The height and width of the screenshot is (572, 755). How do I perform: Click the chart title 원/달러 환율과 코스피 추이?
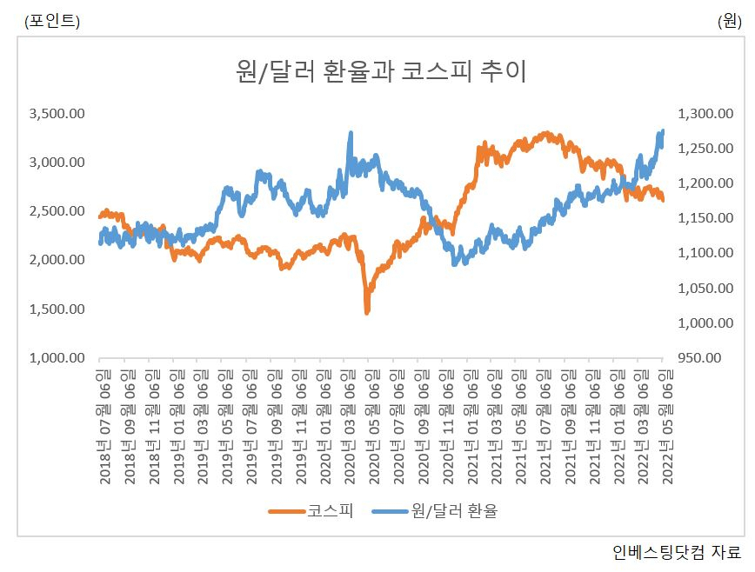pos(380,71)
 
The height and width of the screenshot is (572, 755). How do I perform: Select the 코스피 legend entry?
pos(311,511)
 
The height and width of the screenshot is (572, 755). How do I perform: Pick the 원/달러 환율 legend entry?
pos(435,511)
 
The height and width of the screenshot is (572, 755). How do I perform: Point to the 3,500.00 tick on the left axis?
pos(57,114)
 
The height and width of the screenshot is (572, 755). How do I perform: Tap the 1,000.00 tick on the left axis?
pos(57,358)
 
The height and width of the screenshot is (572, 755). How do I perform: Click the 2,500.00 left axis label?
pos(57,211)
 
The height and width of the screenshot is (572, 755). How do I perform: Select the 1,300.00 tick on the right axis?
pos(705,114)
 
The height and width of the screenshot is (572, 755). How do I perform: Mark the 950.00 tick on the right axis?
pos(699,358)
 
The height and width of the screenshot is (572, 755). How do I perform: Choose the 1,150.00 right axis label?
pos(705,218)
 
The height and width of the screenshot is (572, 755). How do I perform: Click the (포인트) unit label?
pos(52,21)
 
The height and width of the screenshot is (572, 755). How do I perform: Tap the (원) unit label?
pos(730,21)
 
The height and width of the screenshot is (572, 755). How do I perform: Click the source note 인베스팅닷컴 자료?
pos(677,552)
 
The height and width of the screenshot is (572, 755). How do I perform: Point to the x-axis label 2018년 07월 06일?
pos(104,426)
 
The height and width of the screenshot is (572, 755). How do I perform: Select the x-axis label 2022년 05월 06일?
pos(667,426)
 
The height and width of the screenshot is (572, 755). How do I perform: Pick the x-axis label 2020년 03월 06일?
pos(349,426)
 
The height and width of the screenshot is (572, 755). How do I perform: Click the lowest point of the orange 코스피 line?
pos(367,313)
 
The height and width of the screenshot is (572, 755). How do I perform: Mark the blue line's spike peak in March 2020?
pos(351,133)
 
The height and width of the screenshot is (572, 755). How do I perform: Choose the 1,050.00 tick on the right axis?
pos(705,288)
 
